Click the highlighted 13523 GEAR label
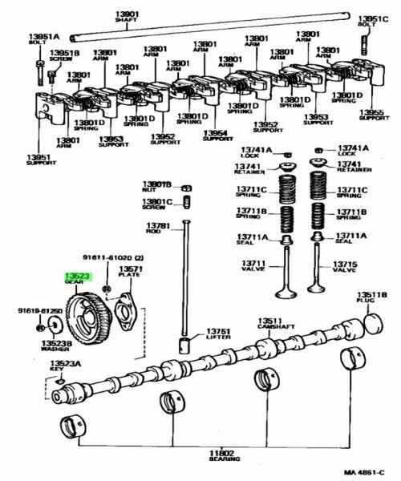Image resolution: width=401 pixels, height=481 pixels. click(x=76, y=277)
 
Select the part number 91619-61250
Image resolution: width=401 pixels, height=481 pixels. click(x=40, y=309)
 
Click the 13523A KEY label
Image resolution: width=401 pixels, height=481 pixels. click(x=63, y=366)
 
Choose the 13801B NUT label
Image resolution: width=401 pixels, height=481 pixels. click(x=157, y=186)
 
